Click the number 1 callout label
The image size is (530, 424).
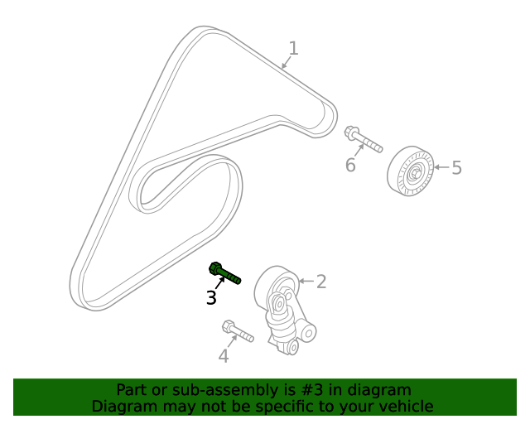[x=293, y=48]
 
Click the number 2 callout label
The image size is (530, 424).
[x=321, y=282]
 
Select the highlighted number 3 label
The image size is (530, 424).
[x=211, y=298]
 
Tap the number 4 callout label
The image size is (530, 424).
[x=223, y=357]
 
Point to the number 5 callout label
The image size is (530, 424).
[x=456, y=168]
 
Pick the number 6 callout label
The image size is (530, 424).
[x=350, y=166]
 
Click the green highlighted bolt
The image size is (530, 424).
[x=224, y=272]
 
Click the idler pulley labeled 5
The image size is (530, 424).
[x=410, y=172]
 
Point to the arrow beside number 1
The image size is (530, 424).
[x=286, y=62]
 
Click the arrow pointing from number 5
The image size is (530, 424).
[x=440, y=168]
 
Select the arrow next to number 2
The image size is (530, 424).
[x=305, y=282]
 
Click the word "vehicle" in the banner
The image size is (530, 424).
[x=403, y=407]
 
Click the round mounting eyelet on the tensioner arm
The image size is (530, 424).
[x=309, y=334]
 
